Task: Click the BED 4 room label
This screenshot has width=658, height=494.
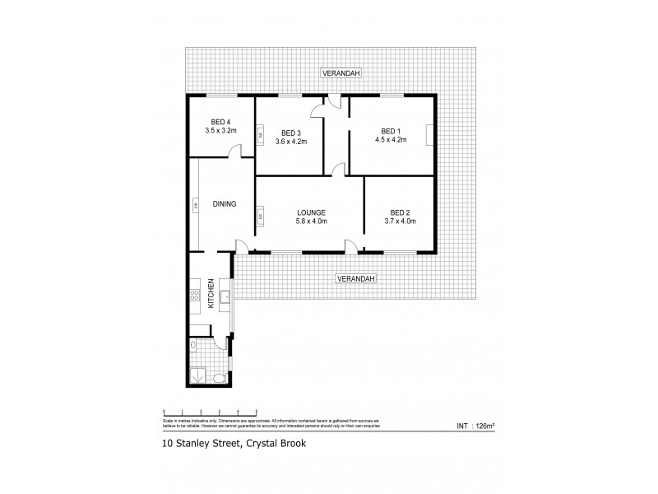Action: click(221, 120)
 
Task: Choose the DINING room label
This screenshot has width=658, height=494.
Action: click(225, 204)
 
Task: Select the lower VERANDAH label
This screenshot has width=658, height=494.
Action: click(355, 279)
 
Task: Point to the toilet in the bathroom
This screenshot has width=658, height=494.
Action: click(216, 377)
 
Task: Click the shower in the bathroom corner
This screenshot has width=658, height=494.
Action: click(197, 376)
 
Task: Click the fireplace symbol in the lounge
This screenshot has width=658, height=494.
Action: click(261, 217)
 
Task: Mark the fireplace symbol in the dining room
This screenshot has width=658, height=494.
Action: click(196, 204)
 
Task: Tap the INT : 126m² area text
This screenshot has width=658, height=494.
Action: click(475, 425)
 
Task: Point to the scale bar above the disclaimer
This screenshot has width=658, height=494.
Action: click(211, 411)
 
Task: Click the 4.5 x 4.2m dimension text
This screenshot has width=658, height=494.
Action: click(391, 141)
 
